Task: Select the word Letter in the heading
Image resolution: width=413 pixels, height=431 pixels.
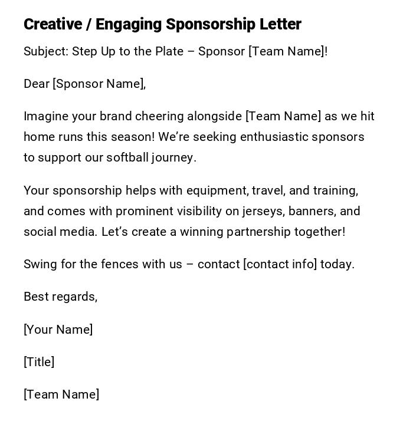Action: (x=280, y=24)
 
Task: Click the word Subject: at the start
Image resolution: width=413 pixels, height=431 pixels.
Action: (x=46, y=51)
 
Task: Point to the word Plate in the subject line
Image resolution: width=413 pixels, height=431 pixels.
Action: (x=169, y=51)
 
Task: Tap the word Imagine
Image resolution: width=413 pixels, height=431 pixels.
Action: (x=46, y=116)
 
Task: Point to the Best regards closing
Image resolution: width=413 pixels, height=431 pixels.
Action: (x=60, y=297)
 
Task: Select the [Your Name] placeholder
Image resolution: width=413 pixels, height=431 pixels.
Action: (x=58, y=330)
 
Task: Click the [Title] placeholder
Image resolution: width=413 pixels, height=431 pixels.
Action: (x=39, y=362)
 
